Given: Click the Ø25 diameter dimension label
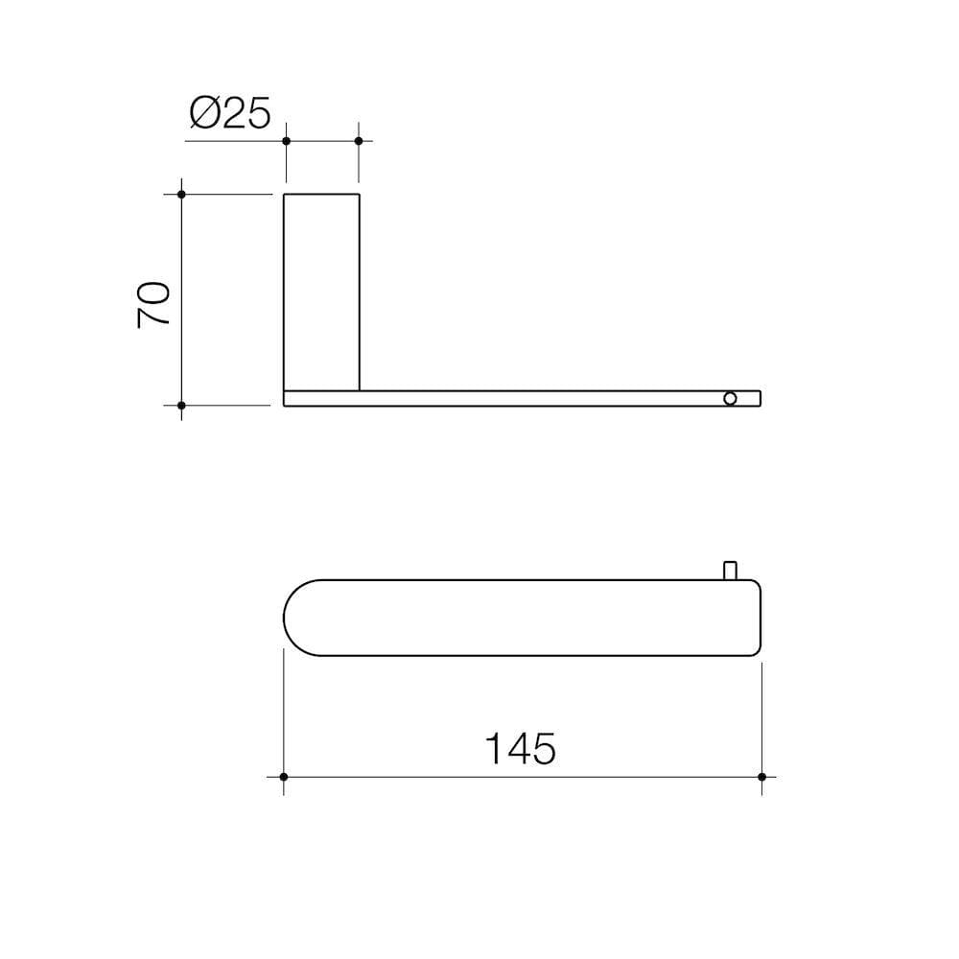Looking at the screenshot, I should click(x=231, y=114).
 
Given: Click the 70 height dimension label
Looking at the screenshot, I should click(x=154, y=305).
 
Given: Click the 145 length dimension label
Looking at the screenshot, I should click(x=520, y=748).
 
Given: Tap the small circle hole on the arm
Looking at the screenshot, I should click(x=731, y=398).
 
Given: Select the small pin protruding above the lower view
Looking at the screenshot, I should click(x=731, y=570).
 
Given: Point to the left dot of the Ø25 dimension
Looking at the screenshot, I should click(x=286, y=141).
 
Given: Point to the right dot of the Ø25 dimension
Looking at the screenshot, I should click(x=359, y=141).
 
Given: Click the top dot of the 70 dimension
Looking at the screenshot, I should click(x=181, y=195).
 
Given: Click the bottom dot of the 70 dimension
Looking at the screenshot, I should click(x=181, y=405).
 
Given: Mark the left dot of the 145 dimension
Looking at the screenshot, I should click(x=284, y=776).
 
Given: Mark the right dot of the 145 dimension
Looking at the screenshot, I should click(x=761, y=776).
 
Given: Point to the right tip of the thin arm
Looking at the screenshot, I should click(x=759, y=398).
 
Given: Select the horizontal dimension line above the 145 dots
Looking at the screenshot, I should click(x=523, y=776).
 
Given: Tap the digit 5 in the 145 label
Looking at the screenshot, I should click(x=543, y=748).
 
